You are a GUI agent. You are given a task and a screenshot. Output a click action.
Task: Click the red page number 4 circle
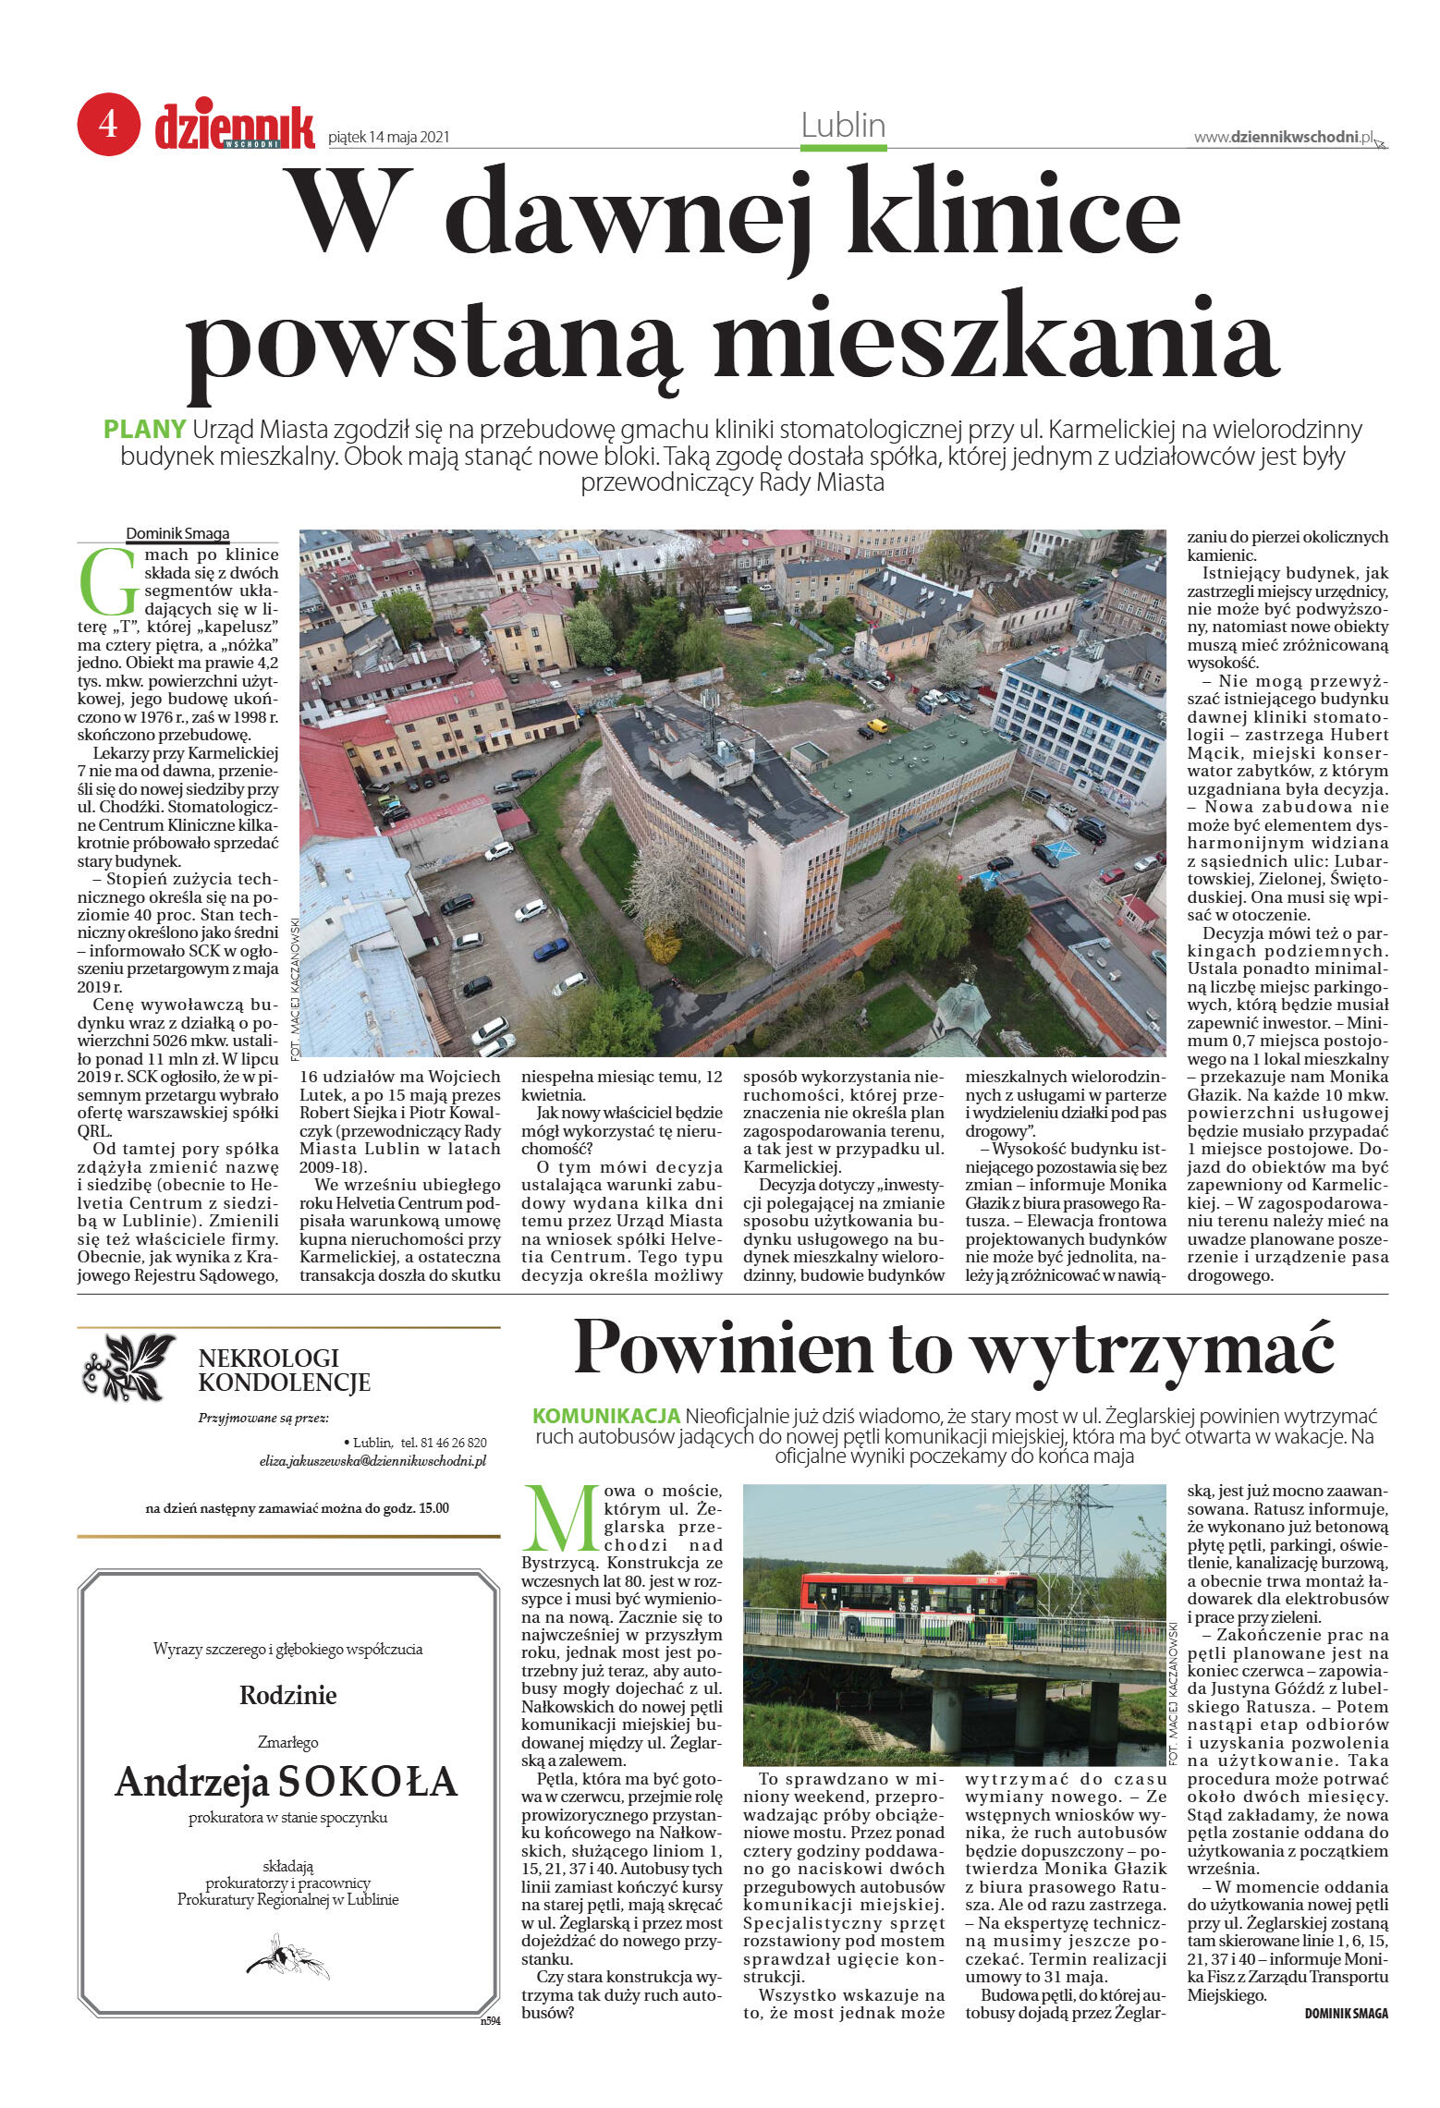click(108, 124)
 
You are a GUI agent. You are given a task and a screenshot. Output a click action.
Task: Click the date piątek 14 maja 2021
click(388, 138)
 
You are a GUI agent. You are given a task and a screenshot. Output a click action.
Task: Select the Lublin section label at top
click(842, 126)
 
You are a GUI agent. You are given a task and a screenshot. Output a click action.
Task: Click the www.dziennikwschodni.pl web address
click(1285, 137)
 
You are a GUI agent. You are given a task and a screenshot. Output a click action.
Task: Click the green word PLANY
click(145, 429)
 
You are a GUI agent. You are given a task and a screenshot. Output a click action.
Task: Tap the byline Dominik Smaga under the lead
click(177, 533)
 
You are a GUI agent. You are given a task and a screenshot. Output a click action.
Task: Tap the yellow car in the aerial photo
click(876, 725)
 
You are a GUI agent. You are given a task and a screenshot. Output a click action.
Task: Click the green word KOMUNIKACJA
click(606, 1416)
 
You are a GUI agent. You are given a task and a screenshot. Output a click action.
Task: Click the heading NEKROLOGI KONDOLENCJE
click(284, 1370)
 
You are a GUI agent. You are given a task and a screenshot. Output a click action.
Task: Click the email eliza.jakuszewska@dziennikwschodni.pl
click(372, 1461)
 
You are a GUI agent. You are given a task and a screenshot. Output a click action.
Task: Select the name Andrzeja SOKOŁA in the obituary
click(287, 1782)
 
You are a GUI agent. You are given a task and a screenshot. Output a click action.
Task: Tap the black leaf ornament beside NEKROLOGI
click(128, 1367)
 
